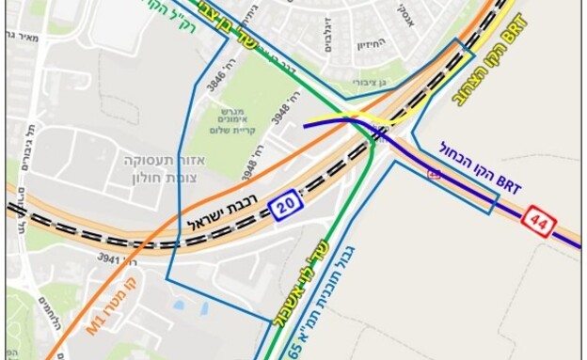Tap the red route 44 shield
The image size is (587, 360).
point(541,222)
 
